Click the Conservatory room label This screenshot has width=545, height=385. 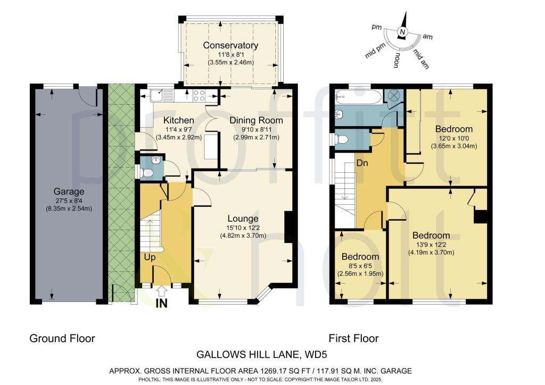coord(230,45)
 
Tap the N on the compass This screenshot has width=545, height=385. coord(403,33)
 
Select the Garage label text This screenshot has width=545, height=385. coord(69,191)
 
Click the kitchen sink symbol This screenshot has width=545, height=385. coord(158,96)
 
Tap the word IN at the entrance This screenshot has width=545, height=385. coord(162,304)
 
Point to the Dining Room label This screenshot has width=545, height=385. coord(256,120)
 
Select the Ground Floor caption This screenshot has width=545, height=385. coord(62,338)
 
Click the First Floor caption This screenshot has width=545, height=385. coord(353,338)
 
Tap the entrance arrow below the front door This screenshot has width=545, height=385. coord(162,290)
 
